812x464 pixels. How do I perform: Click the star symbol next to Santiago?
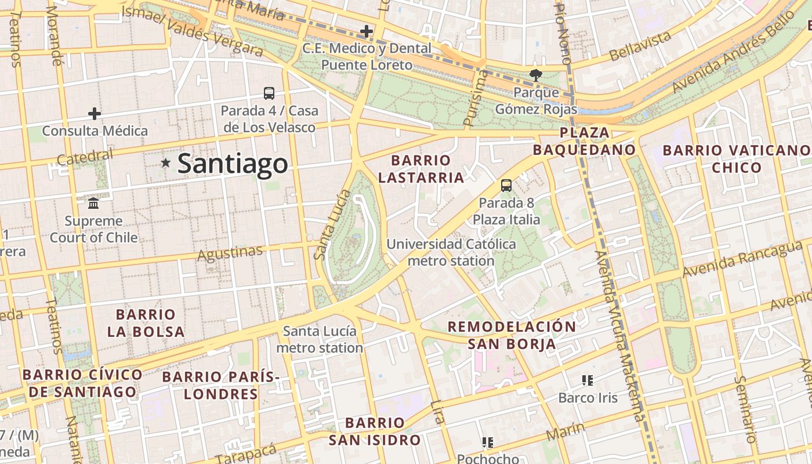coord(166,163)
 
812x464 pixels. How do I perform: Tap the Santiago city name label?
coord(232,164)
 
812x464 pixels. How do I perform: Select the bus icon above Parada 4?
coord(269,93)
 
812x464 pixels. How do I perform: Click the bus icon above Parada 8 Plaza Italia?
coord(506,186)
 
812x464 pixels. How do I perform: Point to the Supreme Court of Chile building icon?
coord(93,203)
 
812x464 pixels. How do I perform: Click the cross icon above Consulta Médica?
coord(95,113)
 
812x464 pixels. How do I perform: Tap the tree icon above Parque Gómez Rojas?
coord(535,74)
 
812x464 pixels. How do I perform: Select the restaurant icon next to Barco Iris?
coord(588,380)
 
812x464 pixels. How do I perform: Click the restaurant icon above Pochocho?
coord(488,443)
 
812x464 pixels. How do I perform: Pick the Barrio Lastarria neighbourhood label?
coord(421,169)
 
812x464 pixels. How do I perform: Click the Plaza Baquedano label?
coord(585,141)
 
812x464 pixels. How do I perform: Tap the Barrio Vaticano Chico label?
coord(737,159)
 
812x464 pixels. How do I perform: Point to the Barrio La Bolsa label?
coord(146,323)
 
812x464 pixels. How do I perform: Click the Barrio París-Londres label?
coord(220,385)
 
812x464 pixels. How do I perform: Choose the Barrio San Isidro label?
coord(375,431)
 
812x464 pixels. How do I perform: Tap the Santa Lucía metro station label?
coord(320,339)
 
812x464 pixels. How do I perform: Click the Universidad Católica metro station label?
coord(451,252)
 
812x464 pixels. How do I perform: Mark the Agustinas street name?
coord(230,253)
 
